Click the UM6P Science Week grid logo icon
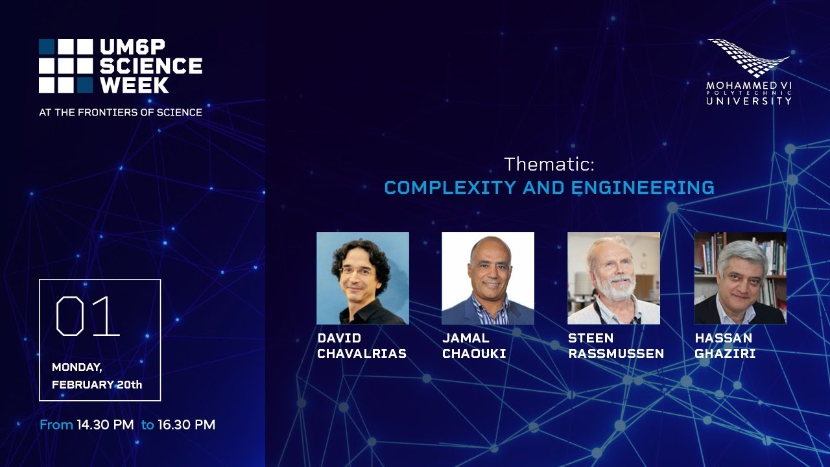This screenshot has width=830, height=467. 66,66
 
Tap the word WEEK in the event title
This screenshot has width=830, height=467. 134,85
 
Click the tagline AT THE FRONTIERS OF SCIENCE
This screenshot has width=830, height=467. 121,112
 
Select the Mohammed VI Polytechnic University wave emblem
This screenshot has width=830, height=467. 748,58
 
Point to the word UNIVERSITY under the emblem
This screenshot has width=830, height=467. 749,101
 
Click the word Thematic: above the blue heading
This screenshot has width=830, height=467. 549,164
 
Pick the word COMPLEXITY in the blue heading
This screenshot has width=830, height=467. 450,187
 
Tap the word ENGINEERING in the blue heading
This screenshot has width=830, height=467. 643,187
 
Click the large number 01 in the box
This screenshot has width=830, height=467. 88,316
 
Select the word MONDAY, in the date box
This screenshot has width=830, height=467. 77,367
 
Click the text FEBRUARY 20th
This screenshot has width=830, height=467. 97,385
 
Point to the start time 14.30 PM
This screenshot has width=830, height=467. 105,425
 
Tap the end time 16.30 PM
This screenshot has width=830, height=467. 186,425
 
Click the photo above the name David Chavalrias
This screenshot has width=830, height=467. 362,278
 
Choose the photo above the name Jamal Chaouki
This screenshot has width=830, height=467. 488,278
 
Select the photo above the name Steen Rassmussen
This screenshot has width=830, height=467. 613,278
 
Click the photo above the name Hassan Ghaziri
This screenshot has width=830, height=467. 741,278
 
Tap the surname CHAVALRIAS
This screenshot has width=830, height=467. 362,353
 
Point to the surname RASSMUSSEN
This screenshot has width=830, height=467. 616,353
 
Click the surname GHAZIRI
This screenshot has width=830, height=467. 725,353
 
